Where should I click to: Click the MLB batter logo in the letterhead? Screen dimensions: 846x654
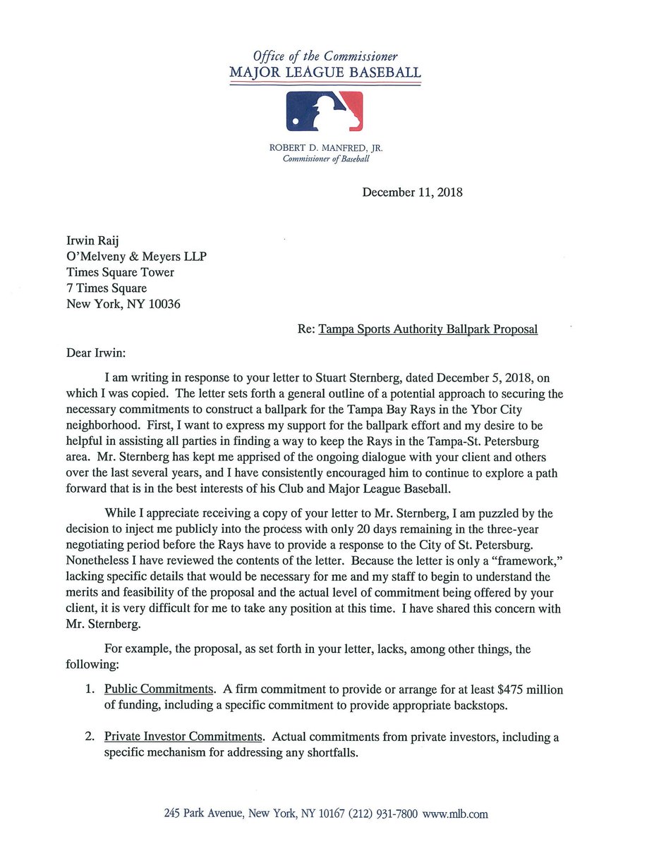[x=325, y=111]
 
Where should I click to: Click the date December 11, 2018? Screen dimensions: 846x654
[x=412, y=192]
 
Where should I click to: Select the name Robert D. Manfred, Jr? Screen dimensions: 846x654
[x=325, y=148]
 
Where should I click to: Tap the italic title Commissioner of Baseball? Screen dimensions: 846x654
[x=325, y=159]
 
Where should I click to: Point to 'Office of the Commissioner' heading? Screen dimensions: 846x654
[x=325, y=56]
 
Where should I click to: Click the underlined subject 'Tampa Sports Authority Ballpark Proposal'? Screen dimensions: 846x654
[x=428, y=329]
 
